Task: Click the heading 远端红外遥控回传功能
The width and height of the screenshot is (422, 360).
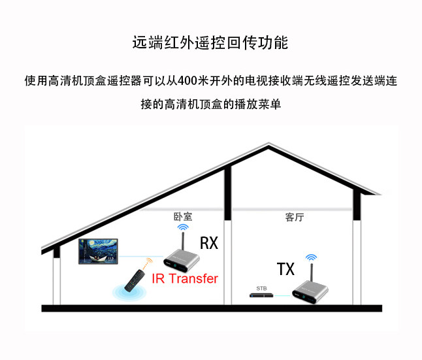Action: [x=210, y=43]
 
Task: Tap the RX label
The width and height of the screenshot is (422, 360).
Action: [x=208, y=244]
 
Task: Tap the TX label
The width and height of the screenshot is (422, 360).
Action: [x=285, y=269]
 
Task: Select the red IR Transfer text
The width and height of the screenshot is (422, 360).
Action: [x=185, y=278]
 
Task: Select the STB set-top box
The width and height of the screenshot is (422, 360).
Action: [x=261, y=295]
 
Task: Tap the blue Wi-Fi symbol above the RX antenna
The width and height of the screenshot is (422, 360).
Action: [x=182, y=227]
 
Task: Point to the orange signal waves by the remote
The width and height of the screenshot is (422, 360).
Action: [x=148, y=263]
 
